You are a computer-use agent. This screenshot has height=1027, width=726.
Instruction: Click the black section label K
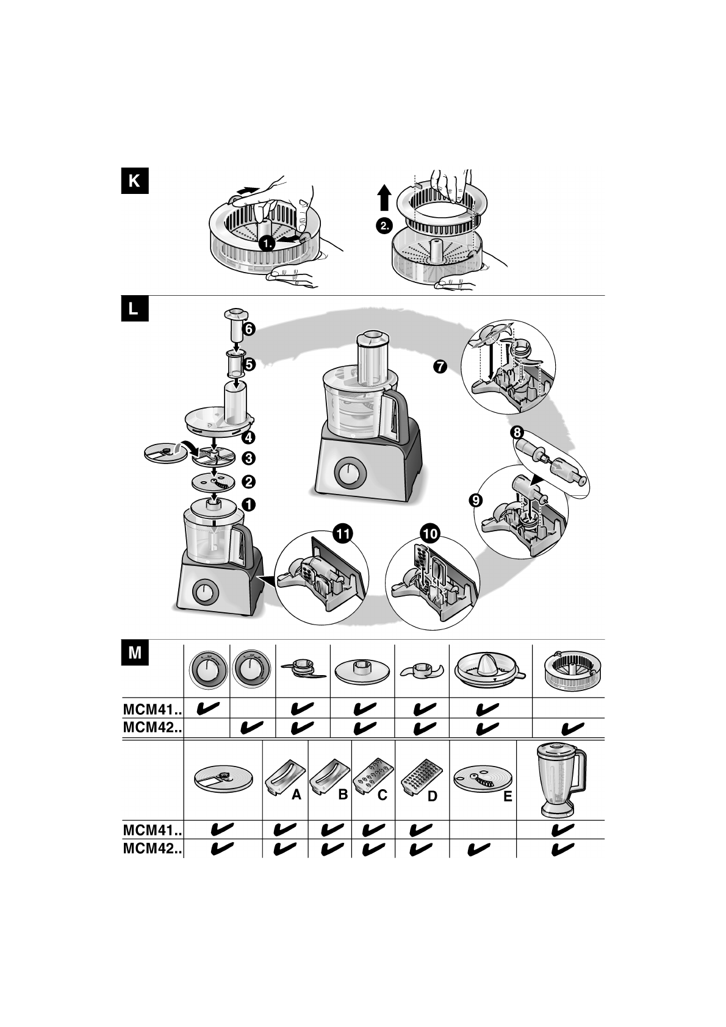(135, 181)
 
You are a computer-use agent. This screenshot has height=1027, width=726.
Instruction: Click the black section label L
(135, 309)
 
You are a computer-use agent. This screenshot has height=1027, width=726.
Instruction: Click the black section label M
(135, 653)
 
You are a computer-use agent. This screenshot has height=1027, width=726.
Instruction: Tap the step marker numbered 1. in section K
(267, 243)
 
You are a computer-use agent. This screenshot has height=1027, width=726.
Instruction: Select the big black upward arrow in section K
(384, 198)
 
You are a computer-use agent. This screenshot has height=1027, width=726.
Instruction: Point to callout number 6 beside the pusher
(248, 329)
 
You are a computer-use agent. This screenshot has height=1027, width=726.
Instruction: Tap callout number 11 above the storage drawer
(343, 533)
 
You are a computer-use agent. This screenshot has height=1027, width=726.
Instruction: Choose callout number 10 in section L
(429, 533)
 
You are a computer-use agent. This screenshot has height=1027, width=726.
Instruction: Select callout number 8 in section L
(517, 432)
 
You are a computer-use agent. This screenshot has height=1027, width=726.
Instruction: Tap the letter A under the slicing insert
(297, 795)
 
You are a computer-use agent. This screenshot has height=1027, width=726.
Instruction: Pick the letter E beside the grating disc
(507, 796)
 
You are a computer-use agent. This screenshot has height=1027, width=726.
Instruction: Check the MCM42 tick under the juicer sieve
(573, 728)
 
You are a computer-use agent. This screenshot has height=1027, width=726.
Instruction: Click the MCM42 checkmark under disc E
(479, 849)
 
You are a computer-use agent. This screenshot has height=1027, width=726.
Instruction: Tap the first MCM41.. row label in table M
(153, 709)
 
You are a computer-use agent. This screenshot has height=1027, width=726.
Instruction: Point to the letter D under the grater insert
(432, 796)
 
